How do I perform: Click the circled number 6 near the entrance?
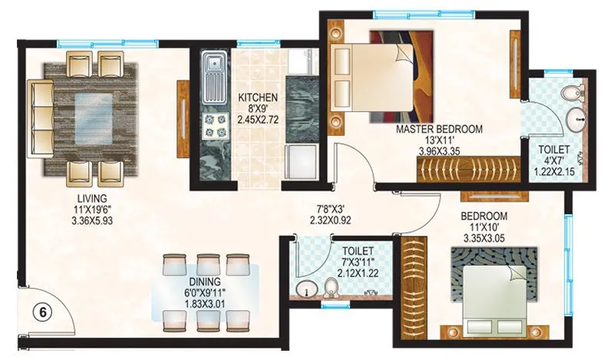coord(42,312)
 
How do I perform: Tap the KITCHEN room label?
coord(257,98)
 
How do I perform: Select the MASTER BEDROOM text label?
coord(439,130)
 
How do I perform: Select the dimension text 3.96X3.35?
coord(439,151)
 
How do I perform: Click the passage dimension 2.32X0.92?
coord(320,219)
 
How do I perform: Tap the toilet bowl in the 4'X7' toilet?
coord(569,94)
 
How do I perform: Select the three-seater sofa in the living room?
coord(39,115)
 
